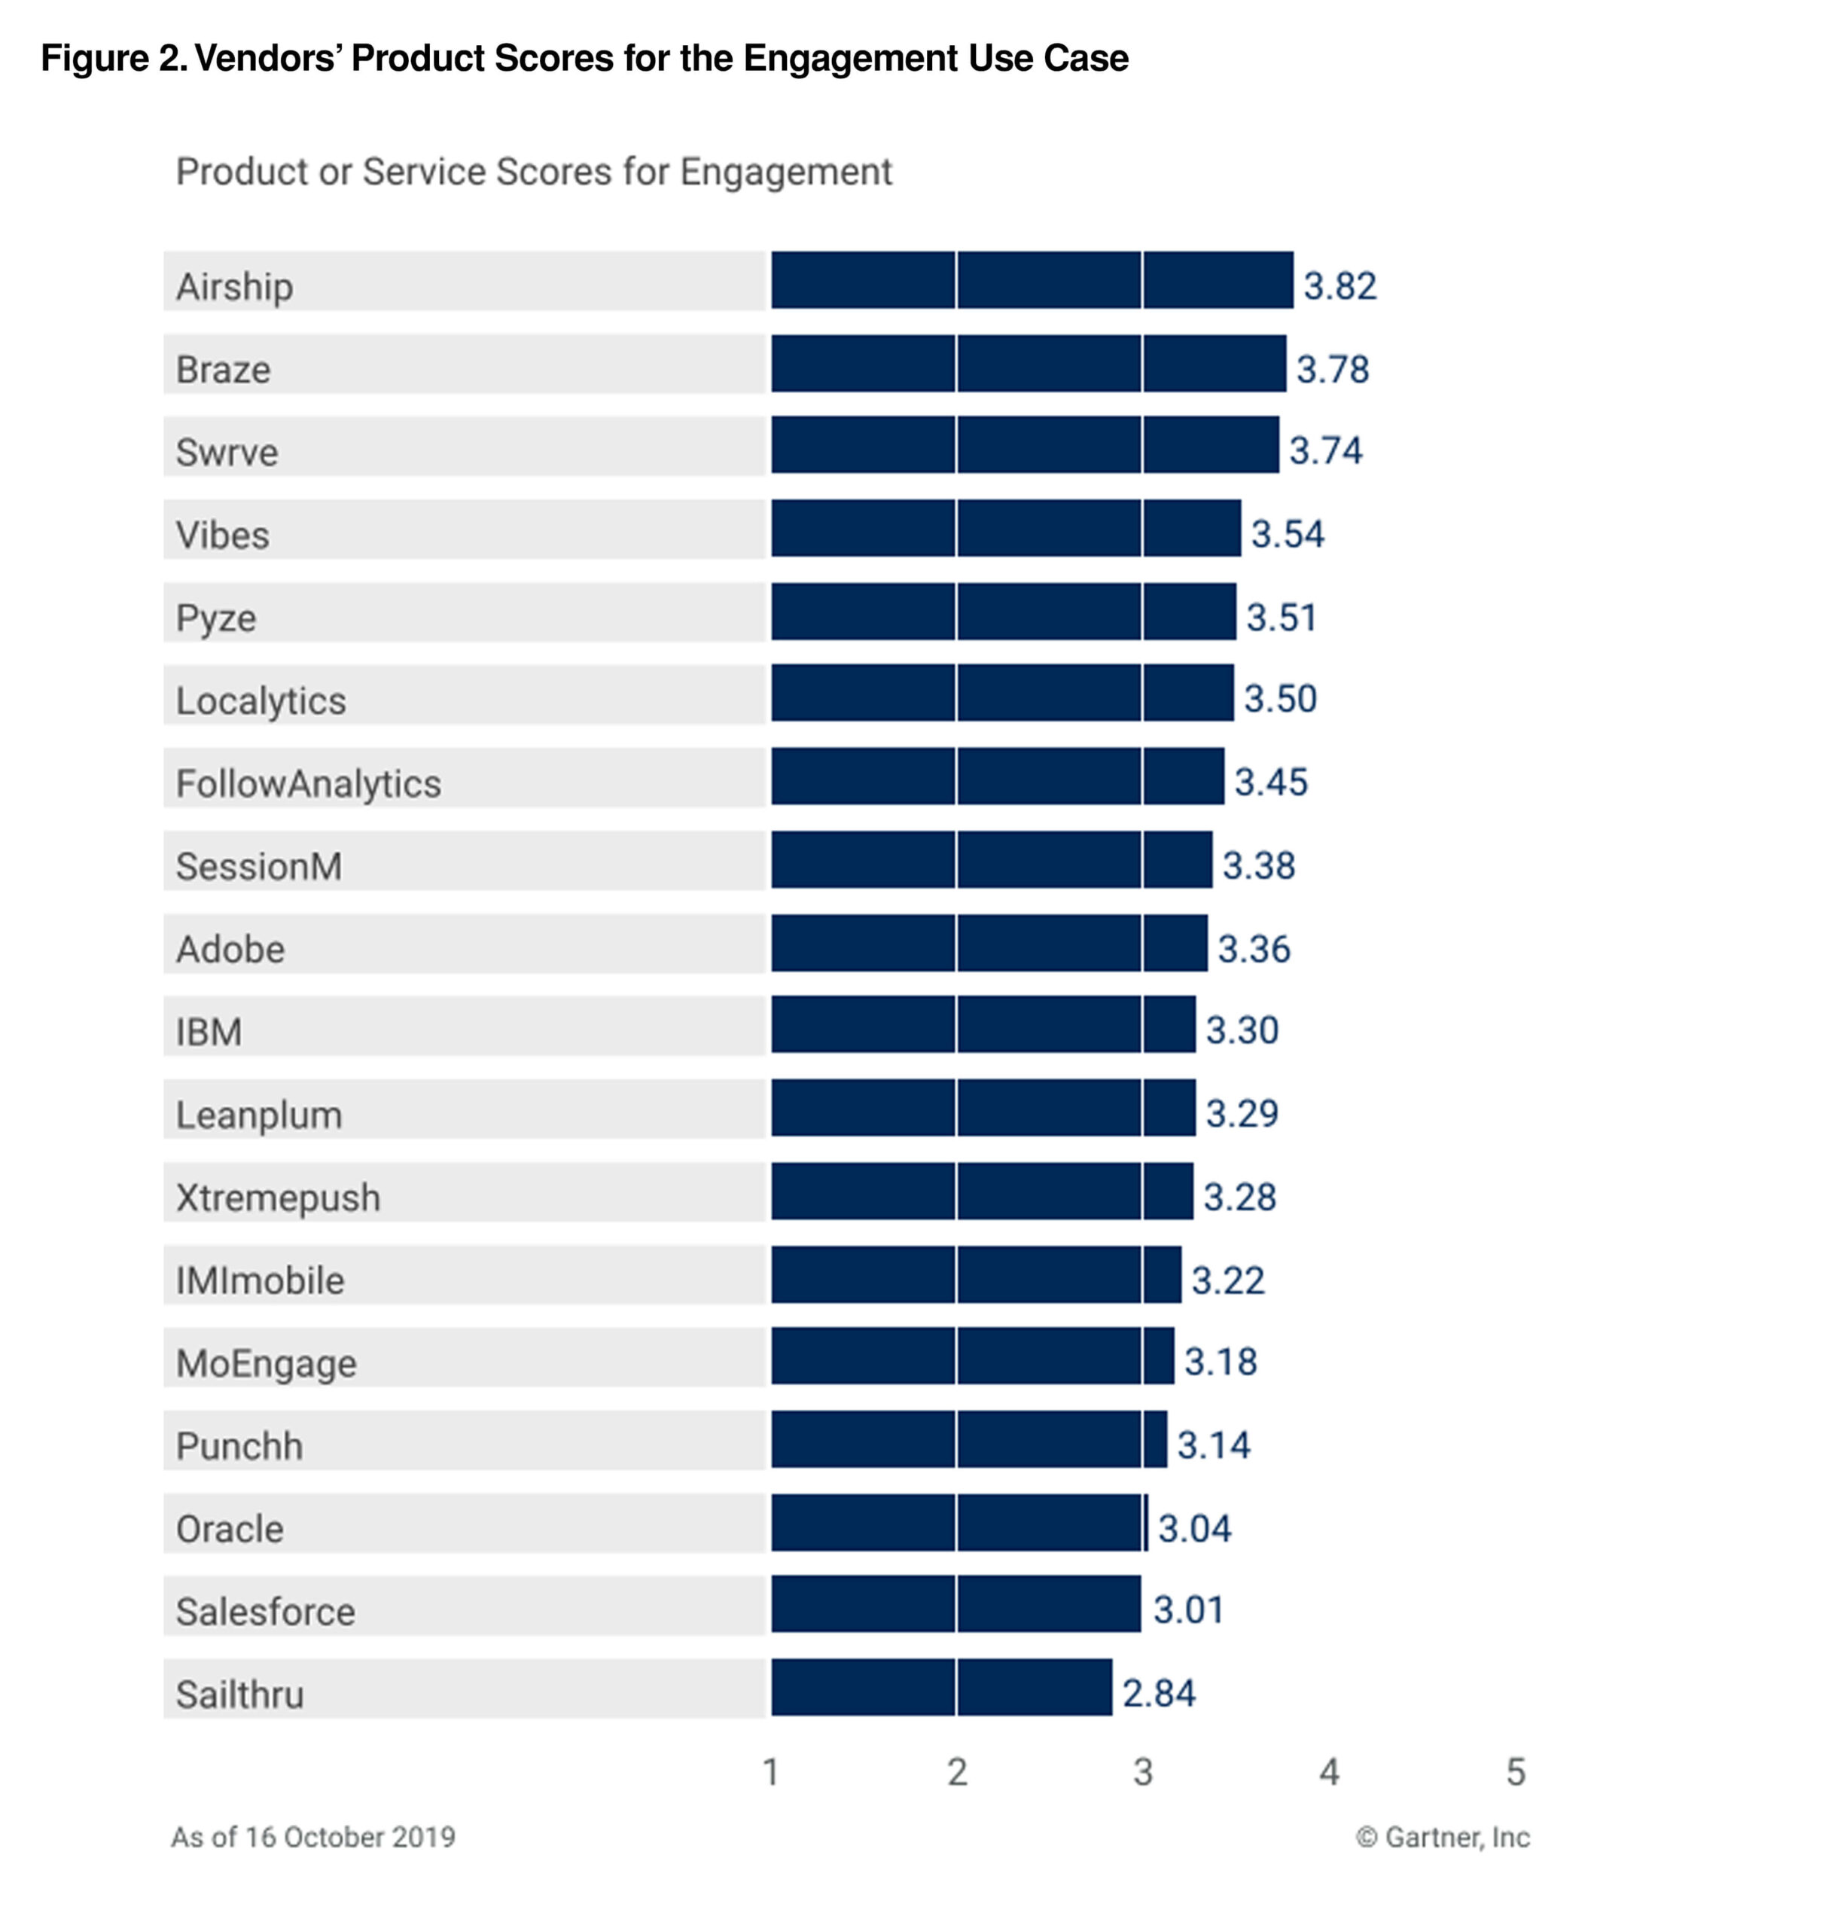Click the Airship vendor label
[x=234, y=286]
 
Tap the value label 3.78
[x=1332, y=369]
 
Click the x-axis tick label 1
[x=770, y=1771]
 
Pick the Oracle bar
[x=958, y=1522]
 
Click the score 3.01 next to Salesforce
[x=1188, y=1609]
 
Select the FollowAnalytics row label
[x=308, y=783]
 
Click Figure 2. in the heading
[x=113, y=58]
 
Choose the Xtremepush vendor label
[x=277, y=1197]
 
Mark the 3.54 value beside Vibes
[x=1286, y=534]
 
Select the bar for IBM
[x=983, y=1024]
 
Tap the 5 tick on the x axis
[x=1516, y=1771]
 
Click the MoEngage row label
[x=266, y=1363]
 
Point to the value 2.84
[x=1159, y=1693]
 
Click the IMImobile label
[x=260, y=1280]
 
